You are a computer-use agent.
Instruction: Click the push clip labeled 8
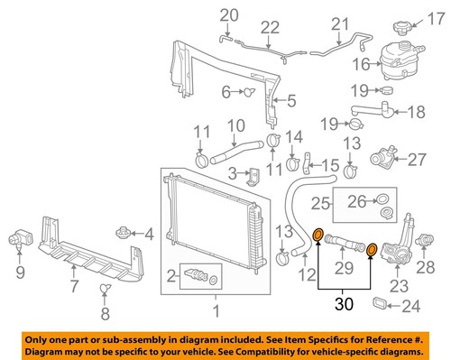(105, 289)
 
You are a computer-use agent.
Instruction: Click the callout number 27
(417, 161)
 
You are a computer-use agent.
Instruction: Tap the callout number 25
(319, 204)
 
